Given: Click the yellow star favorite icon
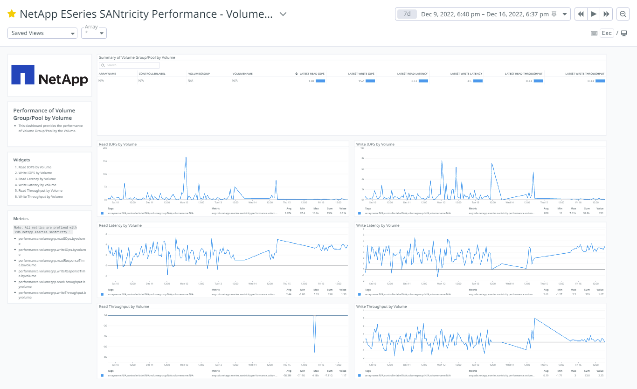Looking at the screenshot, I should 12,14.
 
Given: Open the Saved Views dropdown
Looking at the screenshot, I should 42,33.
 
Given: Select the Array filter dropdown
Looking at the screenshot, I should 94,33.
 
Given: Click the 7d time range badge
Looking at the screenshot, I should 407,14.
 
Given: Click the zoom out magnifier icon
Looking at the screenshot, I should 623,14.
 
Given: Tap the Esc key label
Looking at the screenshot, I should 606,33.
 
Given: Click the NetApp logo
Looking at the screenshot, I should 49,76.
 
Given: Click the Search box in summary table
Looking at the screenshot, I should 129,65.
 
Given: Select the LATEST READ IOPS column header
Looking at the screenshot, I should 312,74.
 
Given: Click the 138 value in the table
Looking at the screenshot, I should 311,81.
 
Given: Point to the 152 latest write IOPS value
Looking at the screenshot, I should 361,81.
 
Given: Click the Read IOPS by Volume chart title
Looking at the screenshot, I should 118,144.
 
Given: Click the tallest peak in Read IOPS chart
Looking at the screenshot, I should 186,157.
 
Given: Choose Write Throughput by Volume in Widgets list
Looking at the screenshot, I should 41,196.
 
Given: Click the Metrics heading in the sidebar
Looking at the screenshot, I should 21,218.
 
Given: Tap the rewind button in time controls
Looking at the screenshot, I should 581,14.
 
